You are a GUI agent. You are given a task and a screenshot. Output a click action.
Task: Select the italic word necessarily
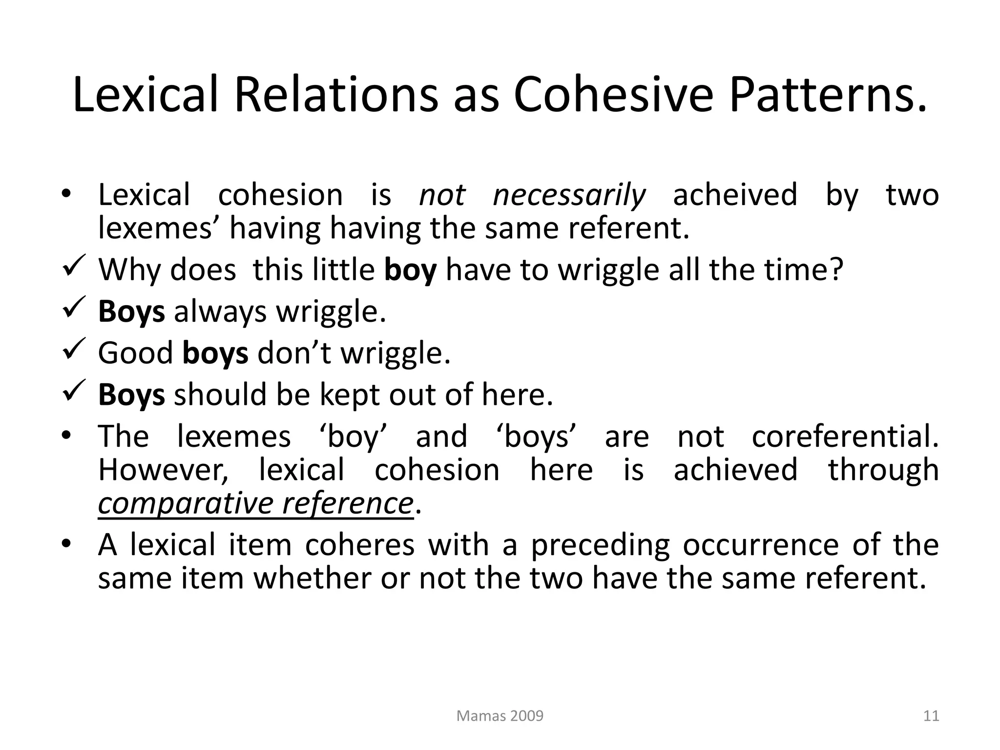[569, 195]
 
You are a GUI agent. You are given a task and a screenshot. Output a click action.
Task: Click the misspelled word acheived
[735, 195]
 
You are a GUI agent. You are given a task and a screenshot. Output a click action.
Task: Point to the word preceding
[600, 545]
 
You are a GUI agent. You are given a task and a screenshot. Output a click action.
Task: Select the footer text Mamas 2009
[500, 716]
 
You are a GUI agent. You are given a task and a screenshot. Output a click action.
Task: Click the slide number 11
[931, 716]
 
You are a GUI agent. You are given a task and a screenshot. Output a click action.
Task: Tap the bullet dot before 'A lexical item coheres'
[67, 543]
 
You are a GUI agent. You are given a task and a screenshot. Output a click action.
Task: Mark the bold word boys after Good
[215, 353]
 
